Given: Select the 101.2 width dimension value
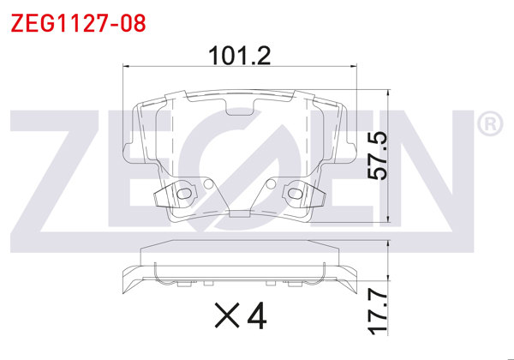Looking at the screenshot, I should (241, 57).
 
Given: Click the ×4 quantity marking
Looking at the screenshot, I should (240, 316).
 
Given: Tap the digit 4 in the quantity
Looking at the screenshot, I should (255, 316).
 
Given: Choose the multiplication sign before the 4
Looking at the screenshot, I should (224, 317).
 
